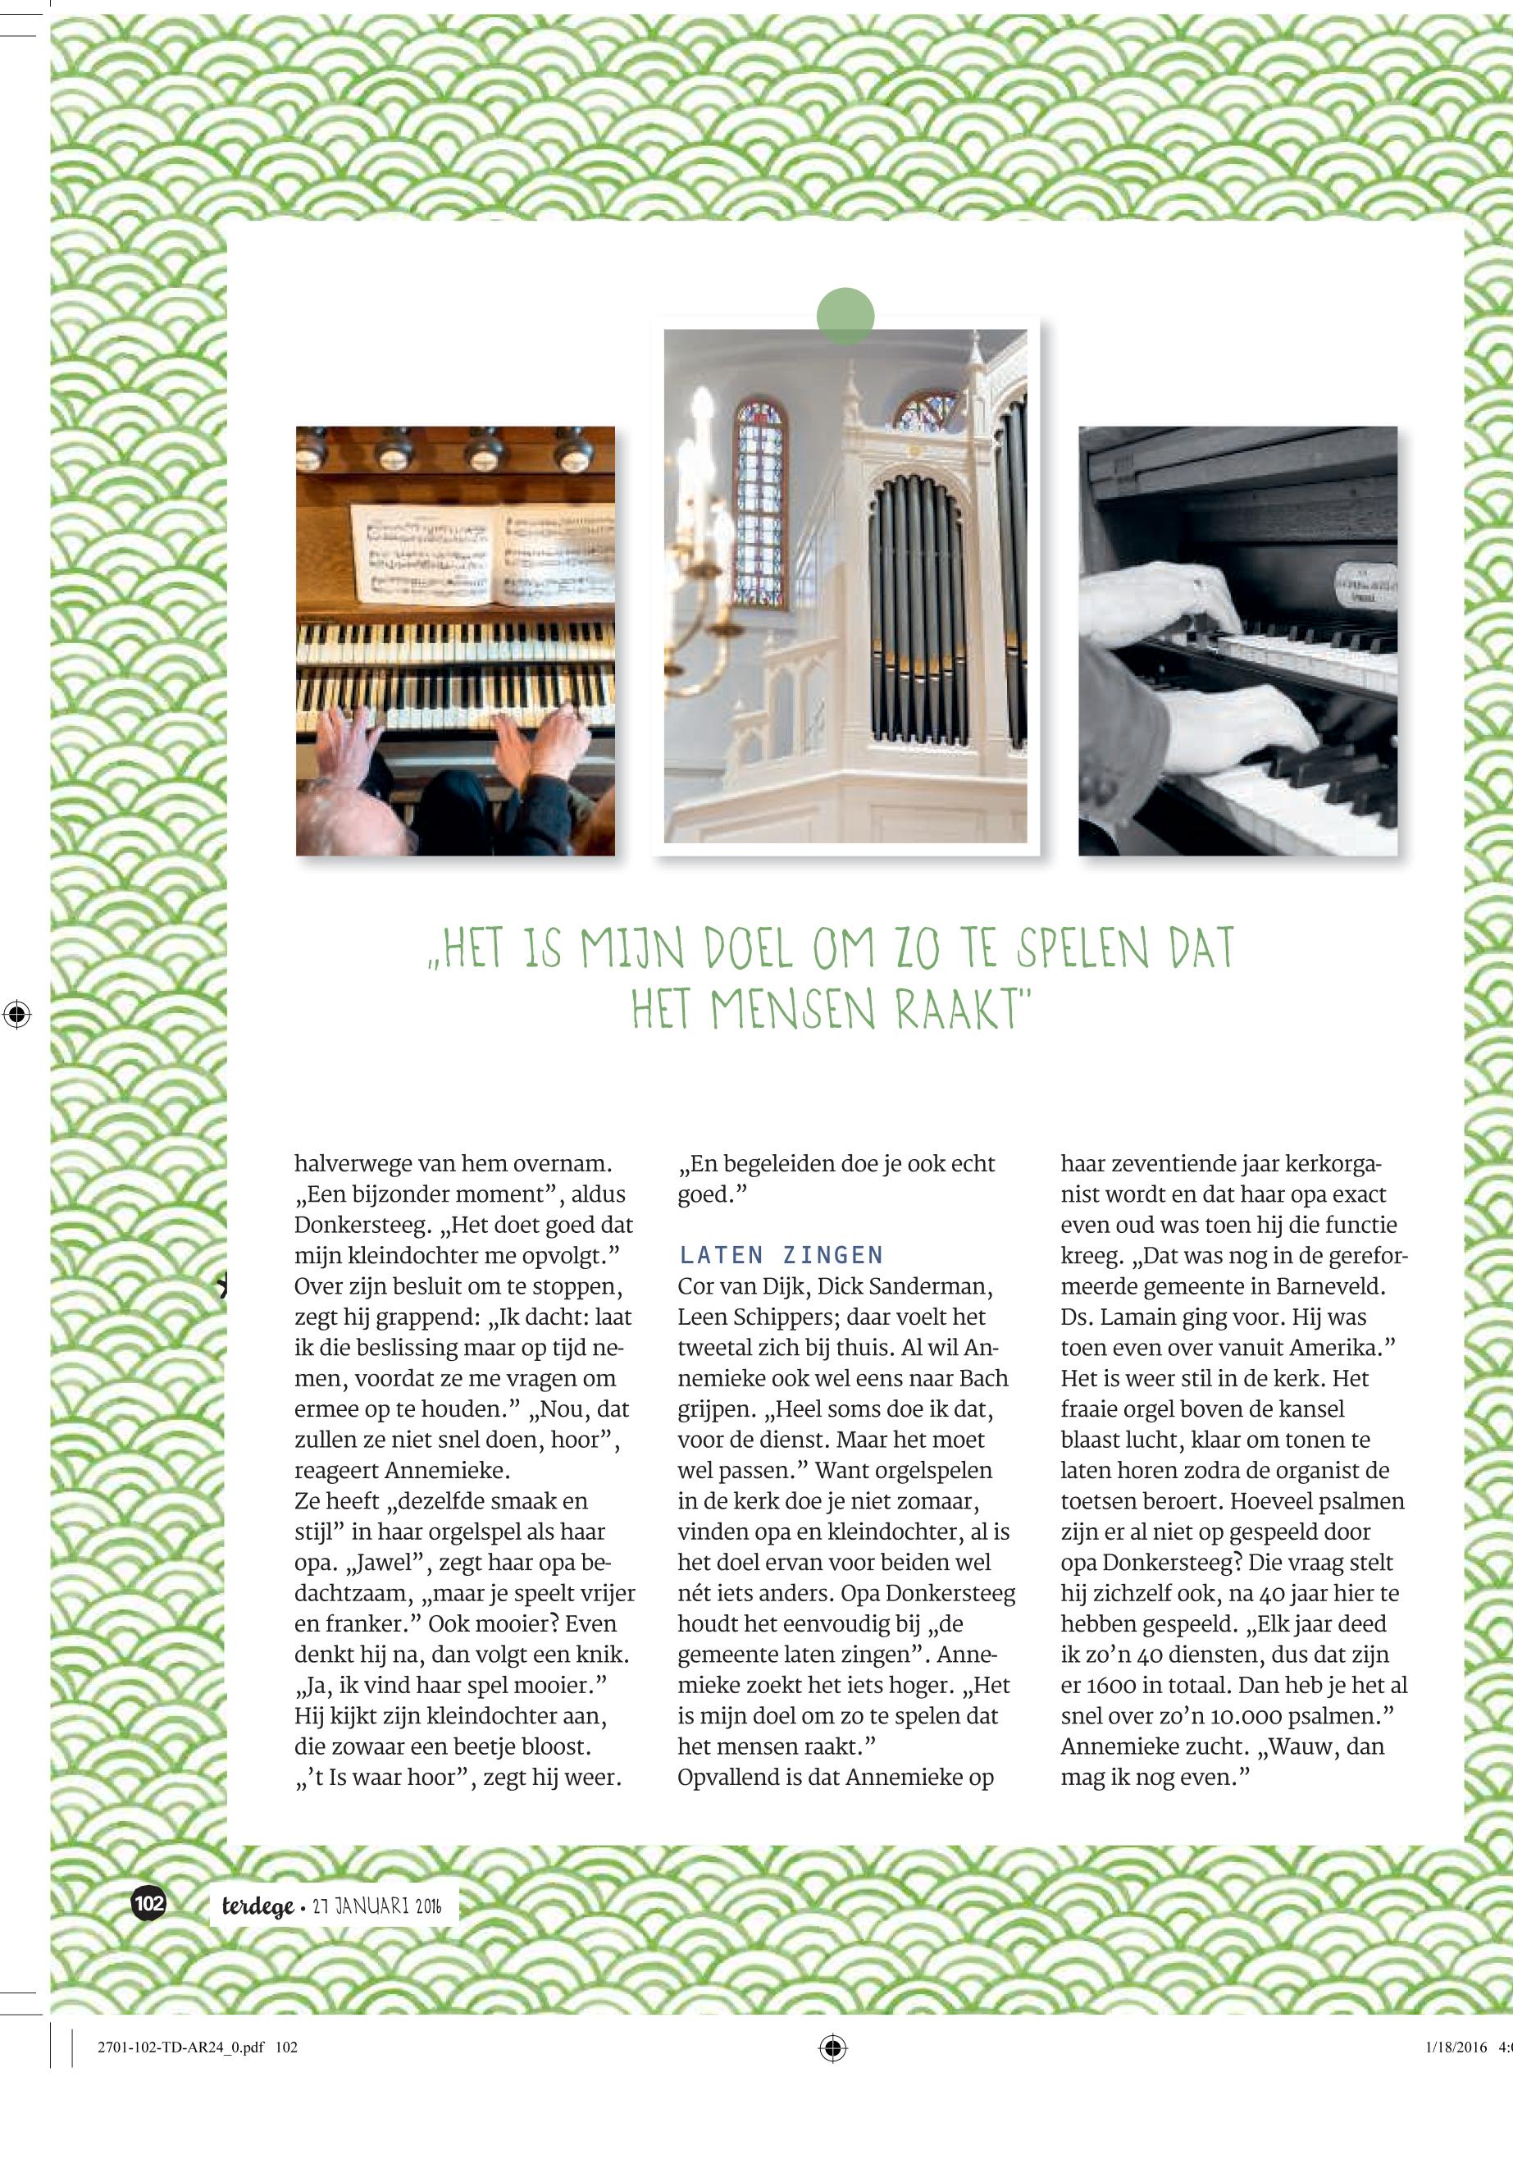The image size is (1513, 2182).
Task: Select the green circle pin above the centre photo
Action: pos(845,316)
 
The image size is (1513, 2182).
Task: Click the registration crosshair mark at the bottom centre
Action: pos(832,2047)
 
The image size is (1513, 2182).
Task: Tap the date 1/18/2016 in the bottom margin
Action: pos(1456,2047)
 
